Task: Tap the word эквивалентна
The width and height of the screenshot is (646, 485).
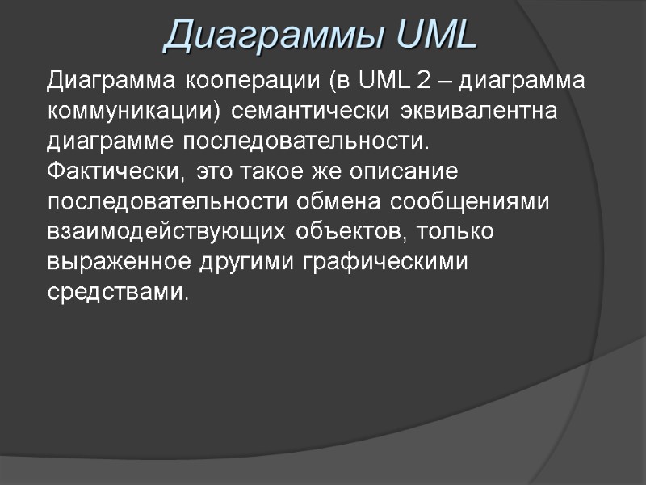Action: tap(487, 110)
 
